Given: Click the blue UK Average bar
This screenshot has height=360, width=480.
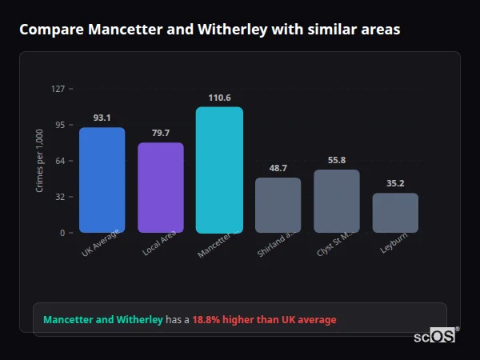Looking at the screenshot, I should pos(102,180).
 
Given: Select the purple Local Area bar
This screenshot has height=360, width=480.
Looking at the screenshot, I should pos(160,188).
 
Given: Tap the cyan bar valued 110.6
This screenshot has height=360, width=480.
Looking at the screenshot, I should pos(219,170).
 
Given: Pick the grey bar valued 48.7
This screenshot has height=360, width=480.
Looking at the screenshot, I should pos(278,205).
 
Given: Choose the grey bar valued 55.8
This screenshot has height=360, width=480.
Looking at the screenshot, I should pos(337,201).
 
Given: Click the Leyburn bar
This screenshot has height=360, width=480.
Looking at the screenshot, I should pos(395,213).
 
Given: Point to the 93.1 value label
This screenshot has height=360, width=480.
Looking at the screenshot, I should pos(102,118).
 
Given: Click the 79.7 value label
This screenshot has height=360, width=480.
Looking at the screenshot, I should pos(160,133).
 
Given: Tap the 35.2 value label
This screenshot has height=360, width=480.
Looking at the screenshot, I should pos(395,183).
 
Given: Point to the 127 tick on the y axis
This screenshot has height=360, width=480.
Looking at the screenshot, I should pos(58,89).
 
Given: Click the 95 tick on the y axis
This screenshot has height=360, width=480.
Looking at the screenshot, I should pos(60,125).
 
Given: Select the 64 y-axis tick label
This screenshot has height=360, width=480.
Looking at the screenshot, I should pos(60,161).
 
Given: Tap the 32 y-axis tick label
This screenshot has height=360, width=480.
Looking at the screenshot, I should pos(60,197).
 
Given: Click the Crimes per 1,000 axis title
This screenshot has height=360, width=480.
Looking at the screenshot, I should pos(39,161).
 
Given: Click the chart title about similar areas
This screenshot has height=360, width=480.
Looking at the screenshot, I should pos(210,30).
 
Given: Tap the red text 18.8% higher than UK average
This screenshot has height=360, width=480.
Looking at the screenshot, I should pos(264,320).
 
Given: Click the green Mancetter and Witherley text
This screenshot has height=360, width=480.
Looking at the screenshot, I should pos(102,320).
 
